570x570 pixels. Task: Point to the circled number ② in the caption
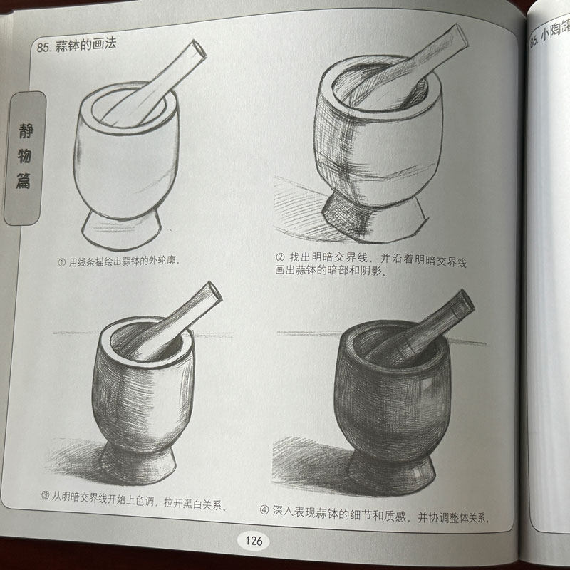point(279,257)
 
